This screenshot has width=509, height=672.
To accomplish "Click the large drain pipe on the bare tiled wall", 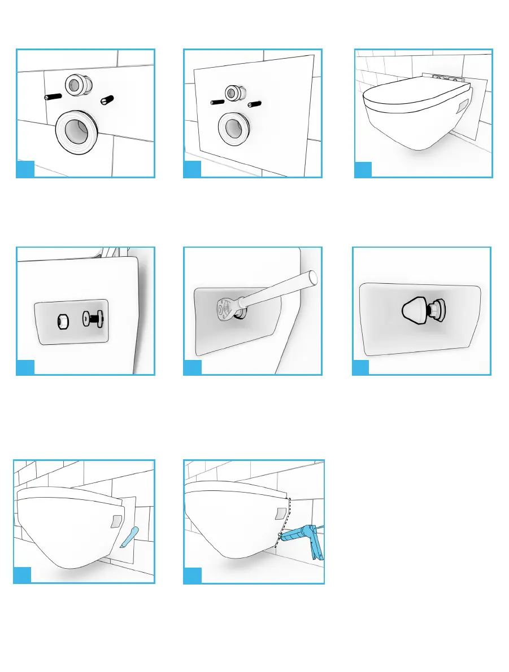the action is (79, 129).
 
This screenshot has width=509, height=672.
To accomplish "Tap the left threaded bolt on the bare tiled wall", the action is (53, 96).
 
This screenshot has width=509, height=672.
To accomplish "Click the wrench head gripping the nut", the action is (224, 307).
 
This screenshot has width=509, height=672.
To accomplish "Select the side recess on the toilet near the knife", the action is (116, 520).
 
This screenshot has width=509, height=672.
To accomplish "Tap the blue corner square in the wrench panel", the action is (192, 367).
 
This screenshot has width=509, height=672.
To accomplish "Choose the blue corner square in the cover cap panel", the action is (360, 367).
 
